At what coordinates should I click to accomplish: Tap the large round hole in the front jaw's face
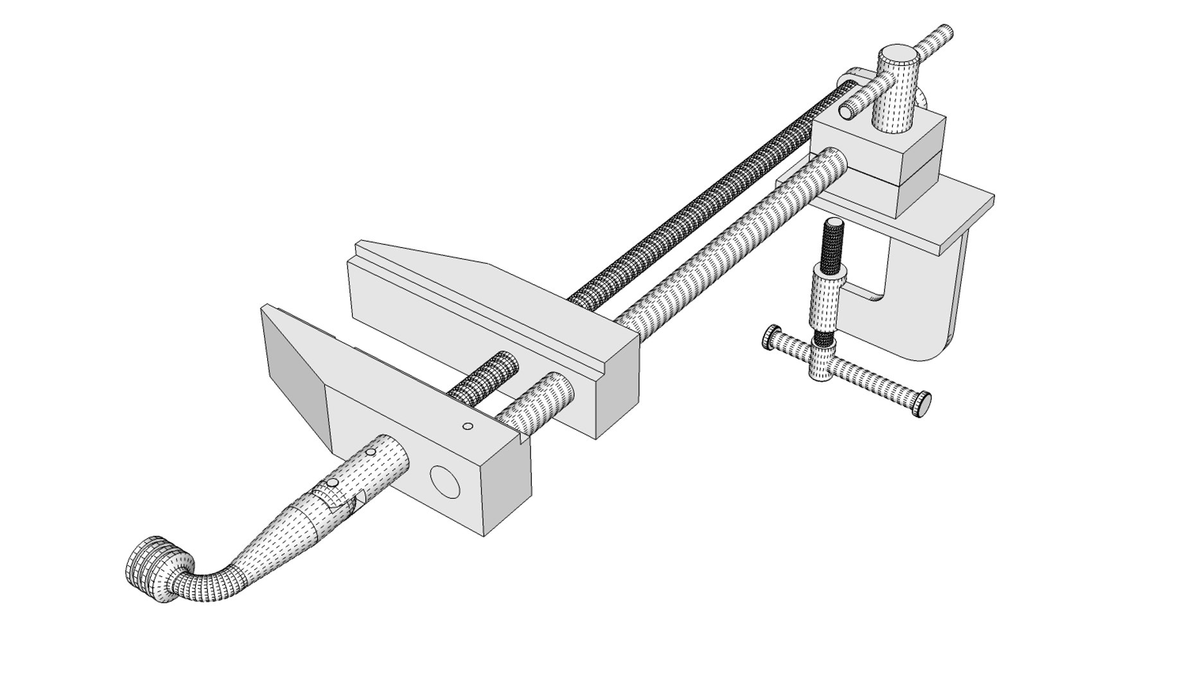[445, 482]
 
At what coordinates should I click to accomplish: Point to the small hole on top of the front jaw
[468, 426]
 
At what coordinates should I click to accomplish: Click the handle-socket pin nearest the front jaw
[370, 453]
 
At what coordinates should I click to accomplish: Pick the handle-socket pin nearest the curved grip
[332, 483]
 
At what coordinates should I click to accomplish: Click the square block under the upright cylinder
[912, 164]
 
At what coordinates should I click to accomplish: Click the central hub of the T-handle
[821, 363]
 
